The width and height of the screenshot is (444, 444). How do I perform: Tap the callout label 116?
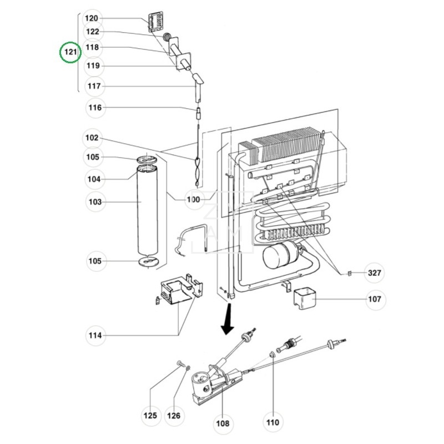[x=95, y=108]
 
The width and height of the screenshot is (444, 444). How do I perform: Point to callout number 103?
[x=95, y=202]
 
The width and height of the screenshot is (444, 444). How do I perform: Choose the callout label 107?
[x=375, y=300]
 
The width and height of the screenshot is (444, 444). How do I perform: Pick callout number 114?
[x=95, y=335]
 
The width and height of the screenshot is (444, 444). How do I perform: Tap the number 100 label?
[x=193, y=199]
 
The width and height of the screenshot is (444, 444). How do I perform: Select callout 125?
[x=150, y=415]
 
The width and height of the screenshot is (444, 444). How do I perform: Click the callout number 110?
[x=273, y=422]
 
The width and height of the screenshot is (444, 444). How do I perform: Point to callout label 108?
[x=223, y=423]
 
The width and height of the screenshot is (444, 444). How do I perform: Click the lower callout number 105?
[x=95, y=261]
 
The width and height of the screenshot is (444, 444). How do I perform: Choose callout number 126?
[x=174, y=415]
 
